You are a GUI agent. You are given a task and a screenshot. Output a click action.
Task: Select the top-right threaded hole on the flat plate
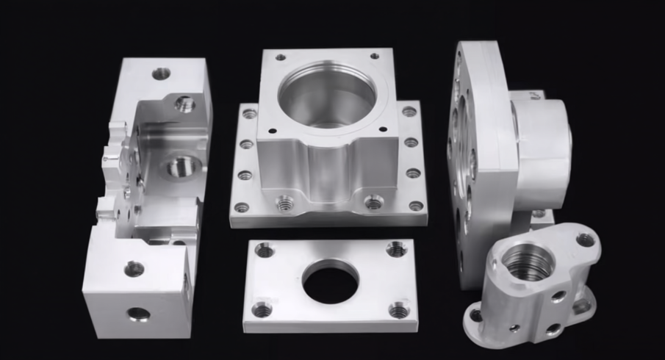[x=397, y=249]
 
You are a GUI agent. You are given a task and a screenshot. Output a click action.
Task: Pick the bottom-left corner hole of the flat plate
[x=262, y=309]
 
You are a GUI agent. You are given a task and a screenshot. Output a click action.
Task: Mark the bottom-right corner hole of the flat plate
[x=399, y=311]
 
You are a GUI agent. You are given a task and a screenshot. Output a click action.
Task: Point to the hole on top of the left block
[x=161, y=73]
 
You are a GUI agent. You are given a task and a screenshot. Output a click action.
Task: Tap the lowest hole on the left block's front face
[x=137, y=314]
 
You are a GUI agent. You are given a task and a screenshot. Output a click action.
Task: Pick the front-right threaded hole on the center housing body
[x=374, y=201]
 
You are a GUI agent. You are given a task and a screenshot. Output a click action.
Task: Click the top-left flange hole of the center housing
[x=250, y=114]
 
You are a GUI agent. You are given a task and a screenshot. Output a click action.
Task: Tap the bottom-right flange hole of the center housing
[x=416, y=206]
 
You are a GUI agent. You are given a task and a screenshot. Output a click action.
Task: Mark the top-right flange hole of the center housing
[x=409, y=112]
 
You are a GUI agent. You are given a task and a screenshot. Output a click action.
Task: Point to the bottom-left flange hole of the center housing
[x=242, y=206]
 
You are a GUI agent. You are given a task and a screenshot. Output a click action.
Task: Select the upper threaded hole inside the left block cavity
[x=184, y=104]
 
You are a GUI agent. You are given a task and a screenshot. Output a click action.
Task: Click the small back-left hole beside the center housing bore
[x=281, y=57]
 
